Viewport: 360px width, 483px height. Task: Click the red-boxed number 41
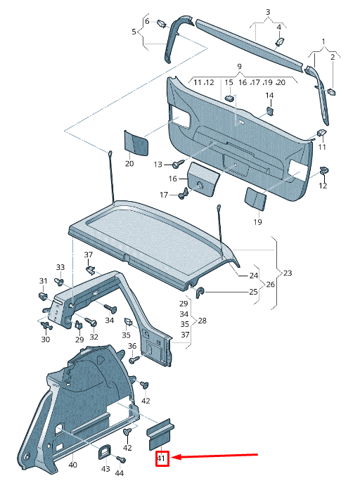tap(162, 459)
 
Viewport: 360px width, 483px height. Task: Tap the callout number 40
tap(72, 465)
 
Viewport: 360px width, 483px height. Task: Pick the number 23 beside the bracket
tap(287, 273)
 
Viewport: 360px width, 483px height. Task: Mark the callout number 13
tap(158, 165)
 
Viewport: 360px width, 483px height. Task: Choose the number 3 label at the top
tap(267, 13)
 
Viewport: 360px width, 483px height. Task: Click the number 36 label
tap(131, 346)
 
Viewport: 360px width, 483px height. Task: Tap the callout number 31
tap(43, 281)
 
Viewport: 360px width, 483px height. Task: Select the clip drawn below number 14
tap(271, 110)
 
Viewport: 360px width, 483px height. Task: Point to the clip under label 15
tap(229, 98)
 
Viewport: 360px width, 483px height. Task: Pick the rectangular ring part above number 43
tap(105, 451)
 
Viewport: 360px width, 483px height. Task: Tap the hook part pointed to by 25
tap(200, 291)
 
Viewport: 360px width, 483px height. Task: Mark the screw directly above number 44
tap(118, 461)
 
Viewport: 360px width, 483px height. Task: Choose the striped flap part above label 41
tap(160, 434)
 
